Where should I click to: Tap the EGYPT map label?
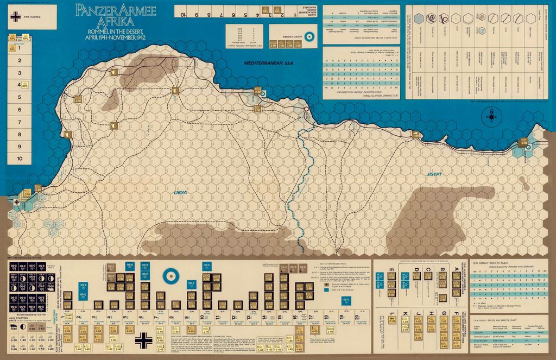[x=435, y=174]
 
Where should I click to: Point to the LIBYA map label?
[x=180, y=193]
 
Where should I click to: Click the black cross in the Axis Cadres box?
[x=12, y=17]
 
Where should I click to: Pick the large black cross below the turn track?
[x=144, y=339]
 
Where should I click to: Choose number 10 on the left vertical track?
[x=19, y=159]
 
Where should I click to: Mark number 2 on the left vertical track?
[x=19, y=61]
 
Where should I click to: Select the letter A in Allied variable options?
[x=457, y=269]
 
